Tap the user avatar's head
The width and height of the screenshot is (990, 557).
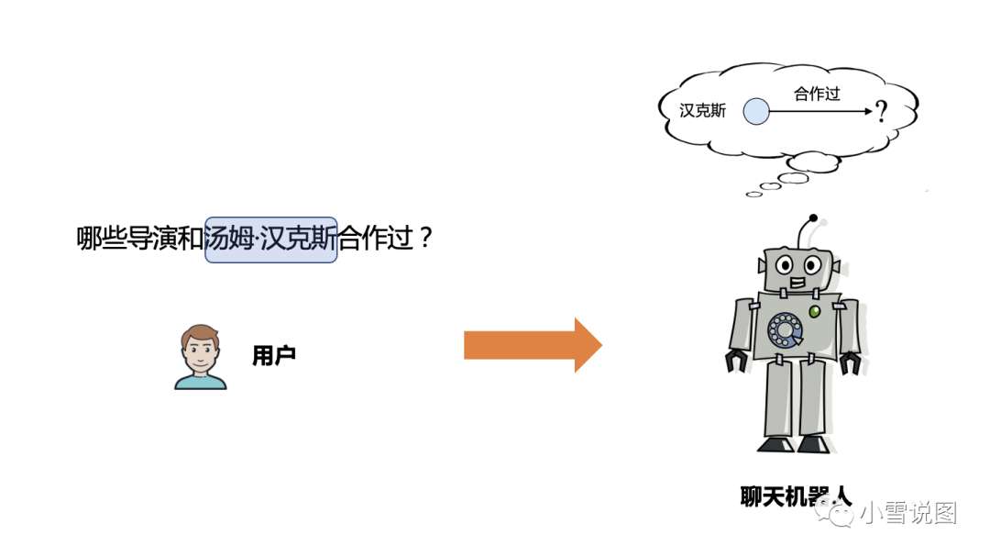point(200,347)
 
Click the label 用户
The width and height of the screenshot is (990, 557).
point(273,356)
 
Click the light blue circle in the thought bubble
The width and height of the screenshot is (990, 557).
point(755,112)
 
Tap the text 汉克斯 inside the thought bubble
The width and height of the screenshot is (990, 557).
point(703,111)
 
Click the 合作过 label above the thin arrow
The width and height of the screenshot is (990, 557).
point(817,94)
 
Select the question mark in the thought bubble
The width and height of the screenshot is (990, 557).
point(881,113)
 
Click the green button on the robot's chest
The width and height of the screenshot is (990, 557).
point(813,312)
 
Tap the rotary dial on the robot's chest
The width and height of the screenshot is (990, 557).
point(785,330)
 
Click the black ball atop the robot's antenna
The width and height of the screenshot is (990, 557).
point(812,218)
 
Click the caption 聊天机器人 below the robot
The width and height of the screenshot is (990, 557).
point(796,496)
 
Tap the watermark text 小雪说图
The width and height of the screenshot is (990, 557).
point(907,514)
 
